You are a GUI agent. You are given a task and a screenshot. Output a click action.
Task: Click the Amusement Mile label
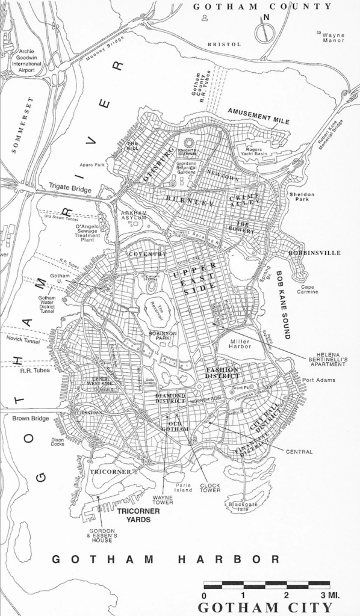click(x=258, y=112)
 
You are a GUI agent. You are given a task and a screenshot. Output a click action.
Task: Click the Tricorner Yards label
click(x=138, y=515)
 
